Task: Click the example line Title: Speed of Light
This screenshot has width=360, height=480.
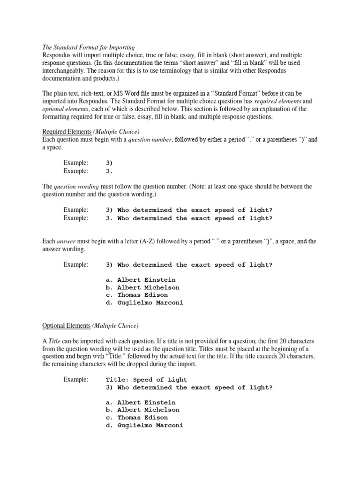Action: point(146,380)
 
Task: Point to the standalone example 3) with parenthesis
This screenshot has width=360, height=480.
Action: point(110,163)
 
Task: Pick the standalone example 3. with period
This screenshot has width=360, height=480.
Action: point(110,171)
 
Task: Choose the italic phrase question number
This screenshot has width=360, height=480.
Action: point(144,139)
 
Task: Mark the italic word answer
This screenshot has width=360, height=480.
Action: point(66,241)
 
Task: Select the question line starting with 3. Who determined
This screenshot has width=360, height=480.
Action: point(189,218)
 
